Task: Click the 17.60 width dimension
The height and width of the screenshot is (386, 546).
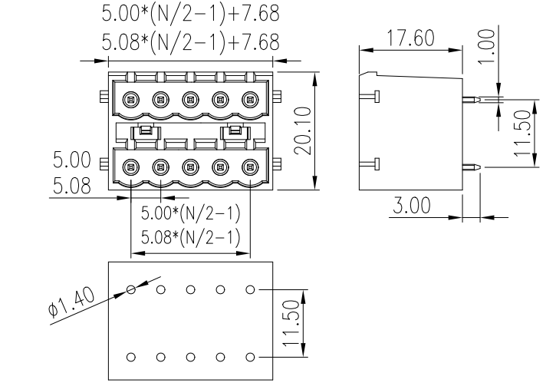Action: [x=409, y=38]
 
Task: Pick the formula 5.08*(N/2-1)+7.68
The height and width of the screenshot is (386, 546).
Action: [x=190, y=40]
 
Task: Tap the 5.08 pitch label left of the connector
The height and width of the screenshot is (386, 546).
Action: [x=71, y=185]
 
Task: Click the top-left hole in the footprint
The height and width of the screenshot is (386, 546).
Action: [x=131, y=290]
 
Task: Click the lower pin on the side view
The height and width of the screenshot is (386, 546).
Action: [x=472, y=167]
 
